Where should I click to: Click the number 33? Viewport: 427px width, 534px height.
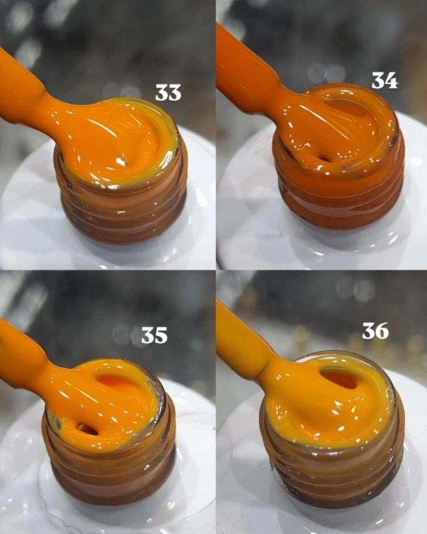[x=168, y=92]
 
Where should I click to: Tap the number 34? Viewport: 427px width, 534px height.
[x=385, y=81]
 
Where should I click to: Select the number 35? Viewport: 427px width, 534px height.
[x=154, y=335]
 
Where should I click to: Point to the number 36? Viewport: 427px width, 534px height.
[x=375, y=331]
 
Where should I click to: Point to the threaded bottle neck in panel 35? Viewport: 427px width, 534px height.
[x=111, y=470]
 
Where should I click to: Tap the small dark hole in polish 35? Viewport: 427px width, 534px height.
[x=87, y=429]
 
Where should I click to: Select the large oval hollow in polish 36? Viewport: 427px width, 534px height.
[x=340, y=379]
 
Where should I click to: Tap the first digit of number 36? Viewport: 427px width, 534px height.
[x=368, y=331]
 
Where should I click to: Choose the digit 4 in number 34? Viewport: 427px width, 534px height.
[x=391, y=81]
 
